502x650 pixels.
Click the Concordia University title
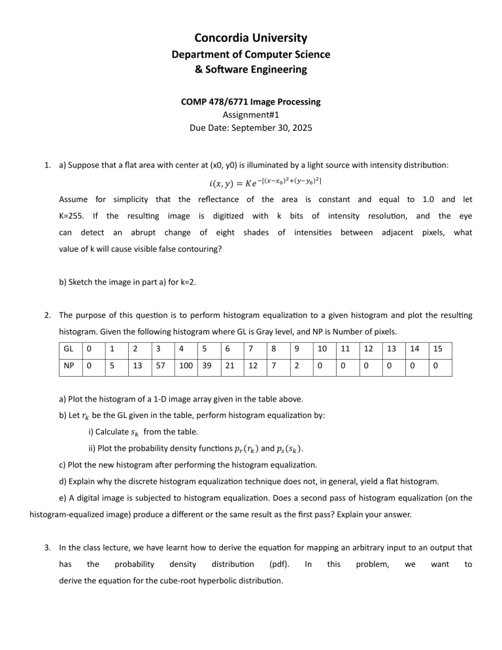point(250,38)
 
